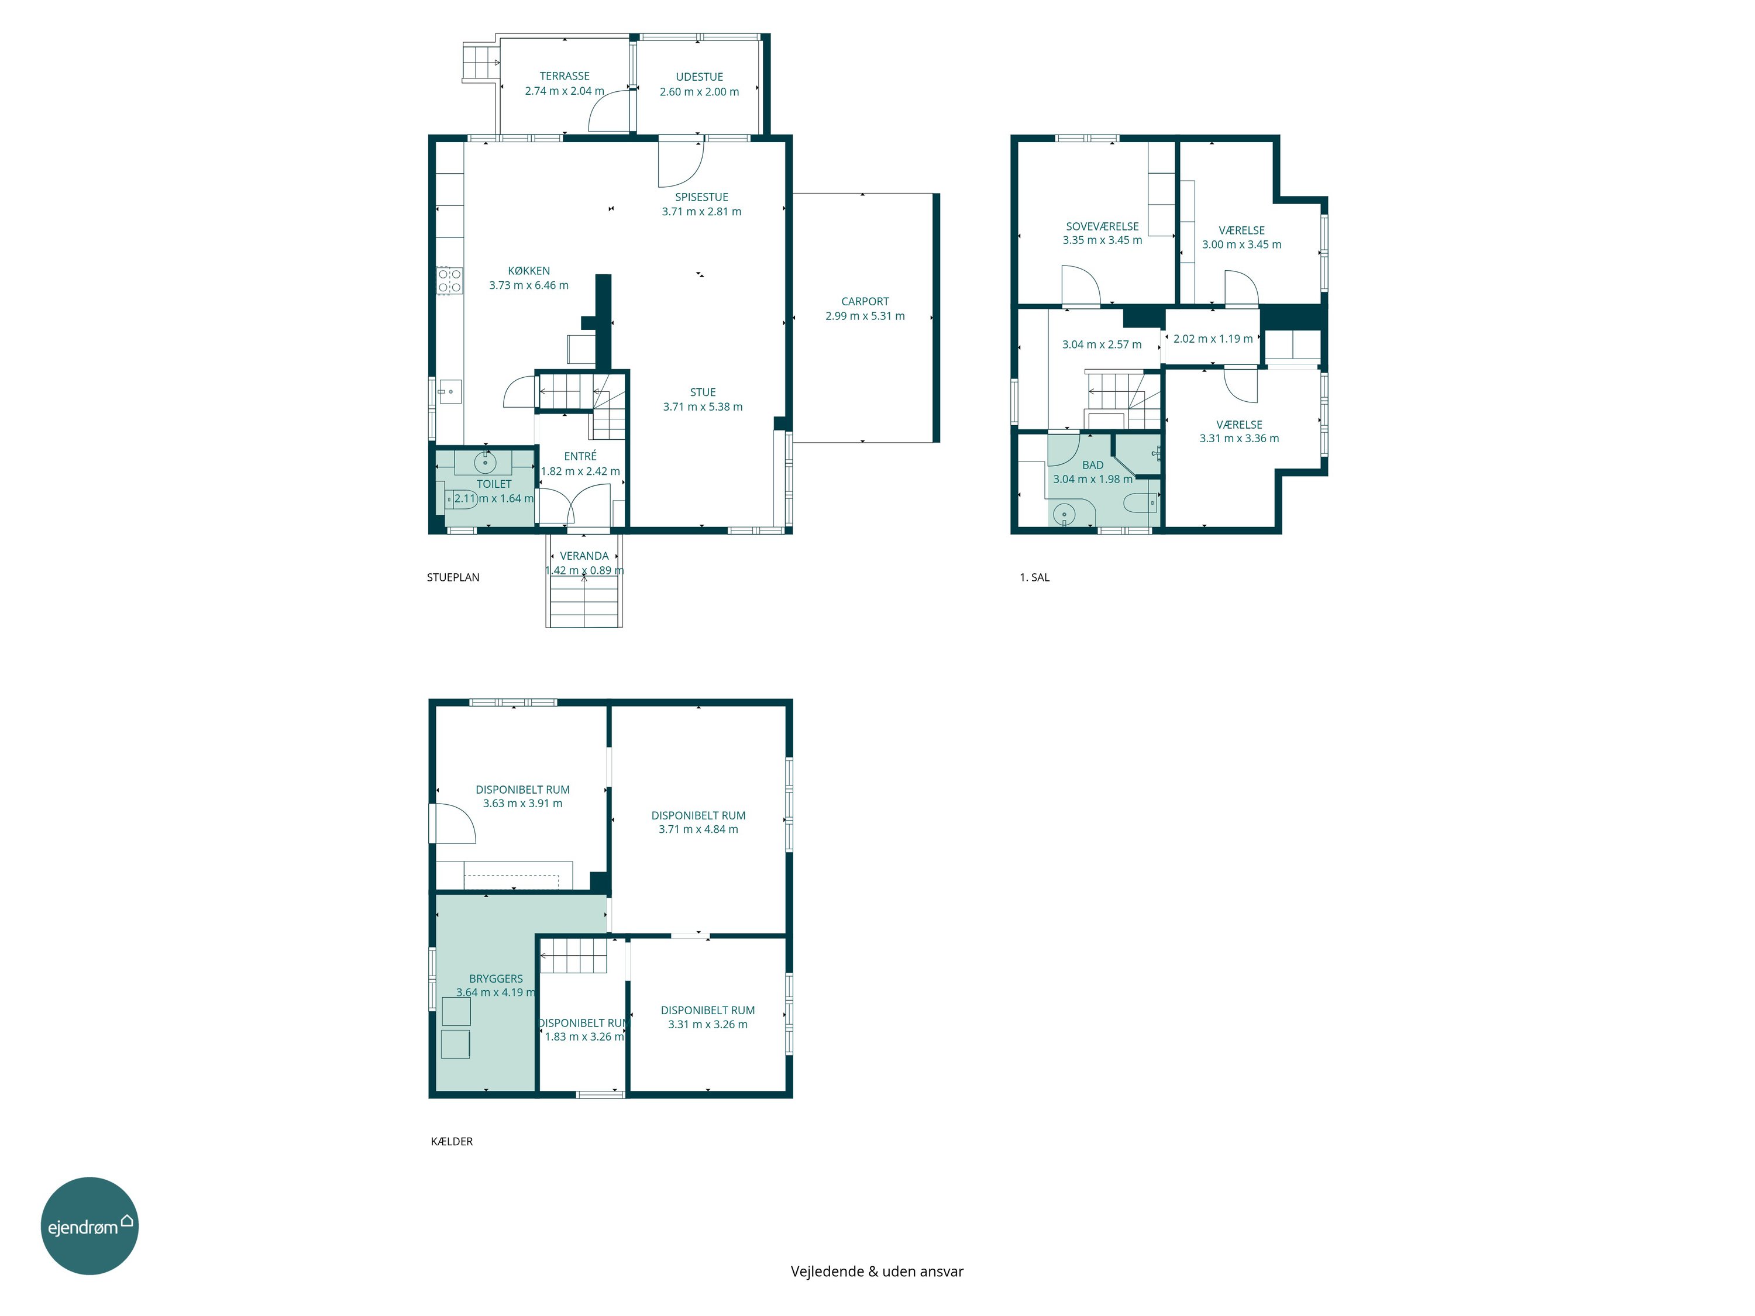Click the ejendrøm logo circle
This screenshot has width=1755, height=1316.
point(90,1225)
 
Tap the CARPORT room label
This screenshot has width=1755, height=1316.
point(865,301)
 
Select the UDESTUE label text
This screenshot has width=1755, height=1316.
point(699,77)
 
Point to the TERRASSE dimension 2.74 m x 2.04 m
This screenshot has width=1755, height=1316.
point(564,91)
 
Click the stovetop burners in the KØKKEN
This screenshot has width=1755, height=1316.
point(450,281)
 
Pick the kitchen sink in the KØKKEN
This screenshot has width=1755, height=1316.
point(450,391)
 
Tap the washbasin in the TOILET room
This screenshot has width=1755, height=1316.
point(485,461)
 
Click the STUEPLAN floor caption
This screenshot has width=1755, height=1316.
point(453,577)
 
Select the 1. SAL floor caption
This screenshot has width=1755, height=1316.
point(1035,577)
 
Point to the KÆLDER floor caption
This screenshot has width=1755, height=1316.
point(452,1142)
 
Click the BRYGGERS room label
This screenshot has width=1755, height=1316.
point(496,979)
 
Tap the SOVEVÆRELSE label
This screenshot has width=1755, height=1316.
point(1102,226)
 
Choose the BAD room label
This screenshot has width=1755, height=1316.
point(1093,465)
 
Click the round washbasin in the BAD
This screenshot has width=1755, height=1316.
point(1063,515)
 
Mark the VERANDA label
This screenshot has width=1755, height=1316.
point(584,556)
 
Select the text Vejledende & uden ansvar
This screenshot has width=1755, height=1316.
point(877,1271)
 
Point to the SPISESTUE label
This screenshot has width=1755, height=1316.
point(701,197)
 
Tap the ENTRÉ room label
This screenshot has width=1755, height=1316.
point(580,456)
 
